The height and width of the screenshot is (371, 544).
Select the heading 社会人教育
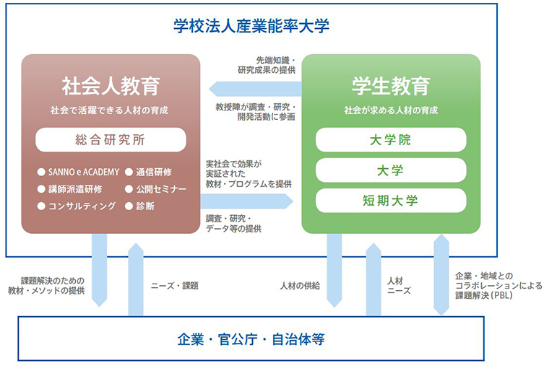point(110,87)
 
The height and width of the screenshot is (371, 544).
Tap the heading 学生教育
point(390,87)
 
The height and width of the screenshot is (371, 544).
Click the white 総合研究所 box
point(111,139)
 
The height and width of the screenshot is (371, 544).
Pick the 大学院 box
point(390,139)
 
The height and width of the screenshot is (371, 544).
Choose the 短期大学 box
point(390,200)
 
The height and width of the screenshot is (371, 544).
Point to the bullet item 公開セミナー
point(157,189)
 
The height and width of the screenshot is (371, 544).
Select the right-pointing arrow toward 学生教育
point(250,201)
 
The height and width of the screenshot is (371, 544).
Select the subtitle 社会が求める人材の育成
point(390,110)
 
